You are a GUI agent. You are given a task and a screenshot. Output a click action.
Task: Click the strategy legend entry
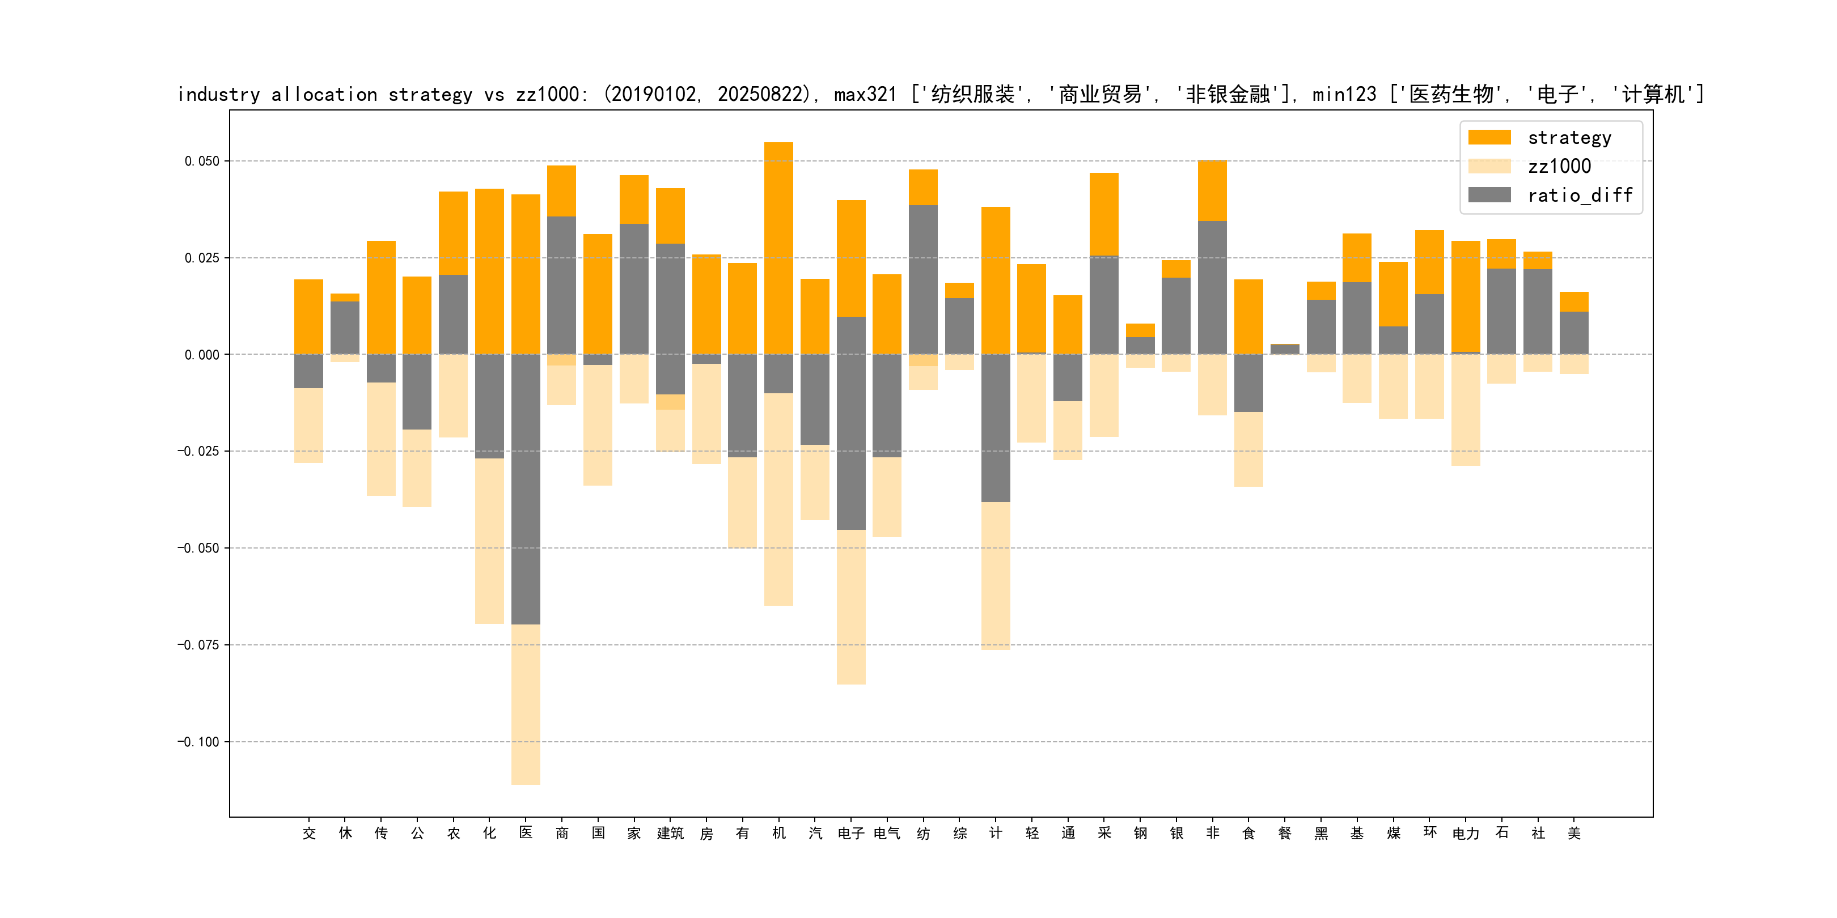click(x=1569, y=138)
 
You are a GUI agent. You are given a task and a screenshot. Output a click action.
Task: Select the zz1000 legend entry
click(x=1559, y=167)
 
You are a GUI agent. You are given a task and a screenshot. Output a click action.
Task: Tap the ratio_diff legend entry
click(x=1579, y=195)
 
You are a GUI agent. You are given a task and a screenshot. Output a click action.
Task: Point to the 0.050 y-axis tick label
click(x=202, y=161)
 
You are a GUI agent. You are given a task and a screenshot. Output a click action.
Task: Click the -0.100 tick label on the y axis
click(x=198, y=742)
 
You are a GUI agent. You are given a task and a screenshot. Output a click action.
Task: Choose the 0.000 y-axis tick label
click(x=202, y=355)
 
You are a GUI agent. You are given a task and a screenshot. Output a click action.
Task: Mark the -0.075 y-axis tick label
click(x=198, y=645)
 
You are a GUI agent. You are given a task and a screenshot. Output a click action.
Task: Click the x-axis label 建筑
click(x=670, y=833)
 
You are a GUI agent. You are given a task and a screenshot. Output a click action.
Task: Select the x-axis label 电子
click(x=851, y=833)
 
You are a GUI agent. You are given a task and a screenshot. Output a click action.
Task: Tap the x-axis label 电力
click(x=1466, y=833)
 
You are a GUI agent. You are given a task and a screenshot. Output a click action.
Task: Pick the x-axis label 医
click(x=526, y=833)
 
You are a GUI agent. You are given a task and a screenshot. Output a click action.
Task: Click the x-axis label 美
click(x=1574, y=833)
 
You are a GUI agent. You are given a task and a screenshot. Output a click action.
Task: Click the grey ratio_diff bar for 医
click(x=526, y=489)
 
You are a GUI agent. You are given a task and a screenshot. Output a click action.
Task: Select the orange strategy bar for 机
click(x=778, y=248)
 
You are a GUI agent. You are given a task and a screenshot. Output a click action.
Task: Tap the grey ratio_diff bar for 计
click(x=996, y=428)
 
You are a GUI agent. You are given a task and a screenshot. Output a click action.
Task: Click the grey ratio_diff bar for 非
click(x=1212, y=287)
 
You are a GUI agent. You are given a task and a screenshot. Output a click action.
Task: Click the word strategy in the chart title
click(x=430, y=95)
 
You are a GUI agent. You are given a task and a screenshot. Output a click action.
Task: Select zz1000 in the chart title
click(x=548, y=95)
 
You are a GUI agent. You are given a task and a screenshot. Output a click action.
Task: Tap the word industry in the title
click(x=219, y=95)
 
